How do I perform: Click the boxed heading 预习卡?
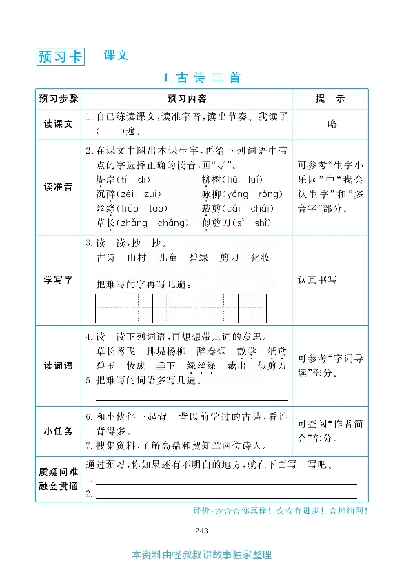point(60,57)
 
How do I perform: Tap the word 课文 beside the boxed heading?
point(116,55)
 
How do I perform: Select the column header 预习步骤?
point(59,99)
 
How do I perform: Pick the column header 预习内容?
point(187,99)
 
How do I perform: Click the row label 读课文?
point(59,124)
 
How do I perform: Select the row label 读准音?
point(59,187)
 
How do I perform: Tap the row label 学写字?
point(59,280)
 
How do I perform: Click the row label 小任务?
point(59,431)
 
